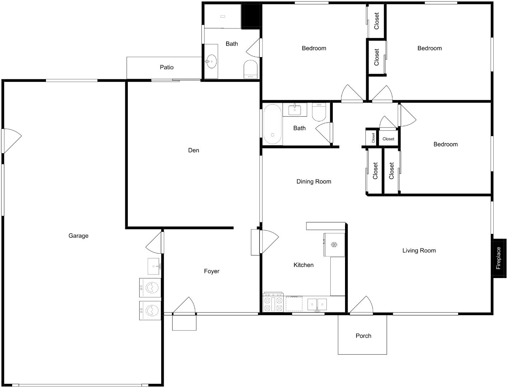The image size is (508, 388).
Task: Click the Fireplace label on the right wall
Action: coord(499,258)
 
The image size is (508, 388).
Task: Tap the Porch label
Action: coord(363,336)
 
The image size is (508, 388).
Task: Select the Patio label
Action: coord(167,67)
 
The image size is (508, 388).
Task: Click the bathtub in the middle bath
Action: coord(272,124)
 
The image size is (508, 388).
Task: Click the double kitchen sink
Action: coord(317,304)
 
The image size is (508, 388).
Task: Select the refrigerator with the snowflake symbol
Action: coord(334,245)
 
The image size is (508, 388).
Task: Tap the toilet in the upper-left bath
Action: coord(251,69)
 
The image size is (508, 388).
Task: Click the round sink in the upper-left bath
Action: coord(211,61)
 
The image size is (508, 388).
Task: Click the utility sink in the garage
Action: coord(154,266)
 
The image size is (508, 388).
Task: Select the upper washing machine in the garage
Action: coord(150,288)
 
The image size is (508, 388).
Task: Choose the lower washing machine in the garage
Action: coord(150,310)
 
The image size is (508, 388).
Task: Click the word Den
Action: coord(194,150)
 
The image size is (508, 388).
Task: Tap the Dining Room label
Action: coord(314,181)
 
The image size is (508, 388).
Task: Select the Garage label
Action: coord(78,236)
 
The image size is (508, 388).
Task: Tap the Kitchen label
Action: coord(303,265)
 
